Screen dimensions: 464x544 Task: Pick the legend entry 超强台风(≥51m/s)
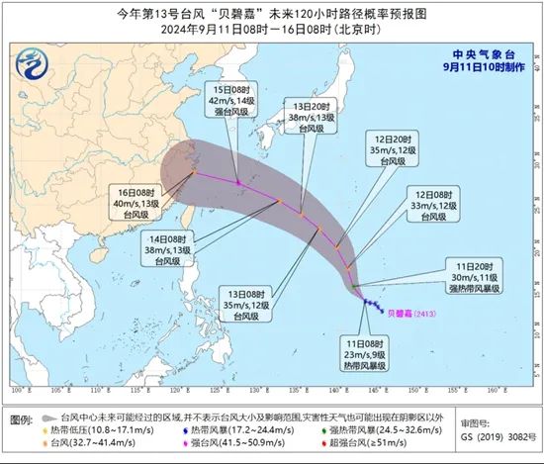(367, 446)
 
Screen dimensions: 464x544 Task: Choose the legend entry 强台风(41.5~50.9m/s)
(233, 446)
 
